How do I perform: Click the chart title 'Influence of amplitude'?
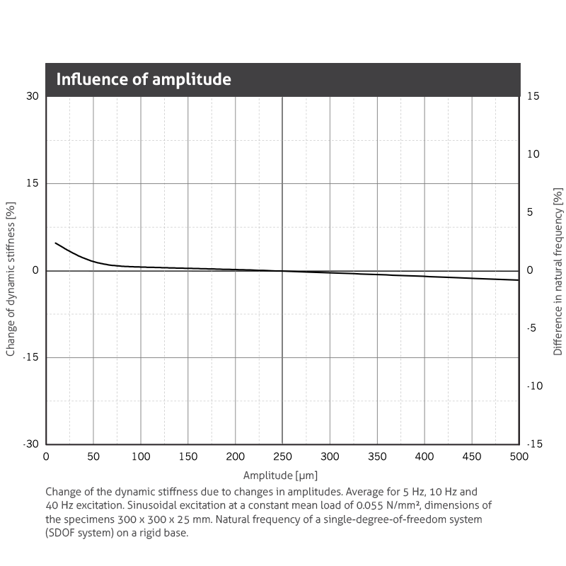[144, 79]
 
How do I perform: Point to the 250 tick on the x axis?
[282, 457]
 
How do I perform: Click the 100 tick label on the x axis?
[141, 457]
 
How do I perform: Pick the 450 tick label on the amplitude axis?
[471, 457]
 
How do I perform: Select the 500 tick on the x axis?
[519, 457]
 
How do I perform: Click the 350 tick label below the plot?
[377, 457]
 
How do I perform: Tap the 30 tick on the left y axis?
[33, 96]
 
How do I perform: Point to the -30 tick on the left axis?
[31, 444]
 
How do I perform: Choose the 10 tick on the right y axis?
[533, 154]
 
